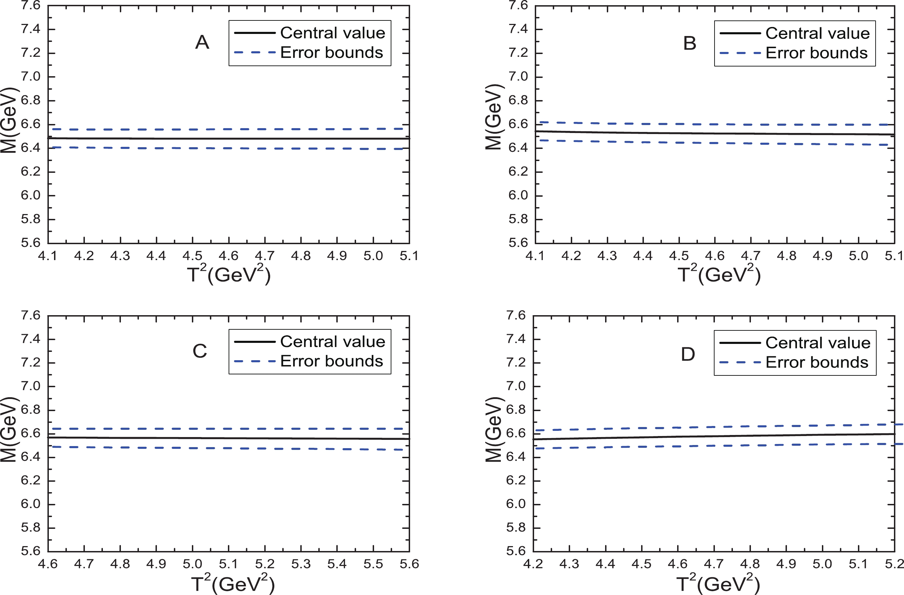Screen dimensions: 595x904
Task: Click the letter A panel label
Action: pos(202,42)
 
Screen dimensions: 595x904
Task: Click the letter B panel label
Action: pos(689,43)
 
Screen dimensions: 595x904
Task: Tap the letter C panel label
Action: pos(200,351)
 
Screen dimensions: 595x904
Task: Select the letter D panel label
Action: pos(688,354)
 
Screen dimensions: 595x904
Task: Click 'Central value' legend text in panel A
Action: pos(333,33)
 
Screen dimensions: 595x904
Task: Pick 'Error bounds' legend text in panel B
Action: pos(816,53)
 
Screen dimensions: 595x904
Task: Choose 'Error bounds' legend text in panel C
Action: pos(331,361)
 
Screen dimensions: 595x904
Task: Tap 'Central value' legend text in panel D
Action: pos(818,343)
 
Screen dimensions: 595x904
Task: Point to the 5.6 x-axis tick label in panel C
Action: pos(409,564)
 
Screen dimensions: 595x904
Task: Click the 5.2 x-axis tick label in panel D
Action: pos(894,564)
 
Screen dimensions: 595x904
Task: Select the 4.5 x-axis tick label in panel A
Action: pos(193,256)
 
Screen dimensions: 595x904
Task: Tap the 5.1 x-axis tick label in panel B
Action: pos(894,256)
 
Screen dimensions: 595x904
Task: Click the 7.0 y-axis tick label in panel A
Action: pos(30,77)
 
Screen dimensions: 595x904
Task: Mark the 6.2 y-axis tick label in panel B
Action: pos(518,172)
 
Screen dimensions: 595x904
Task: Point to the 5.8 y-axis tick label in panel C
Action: pos(30,528)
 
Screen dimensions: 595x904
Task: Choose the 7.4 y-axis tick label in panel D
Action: pos(516,339)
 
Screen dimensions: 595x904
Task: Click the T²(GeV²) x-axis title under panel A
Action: pos(229,275)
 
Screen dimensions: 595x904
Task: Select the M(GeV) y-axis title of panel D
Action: pos(494,429)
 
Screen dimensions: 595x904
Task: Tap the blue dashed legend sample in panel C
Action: pos(255,361)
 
